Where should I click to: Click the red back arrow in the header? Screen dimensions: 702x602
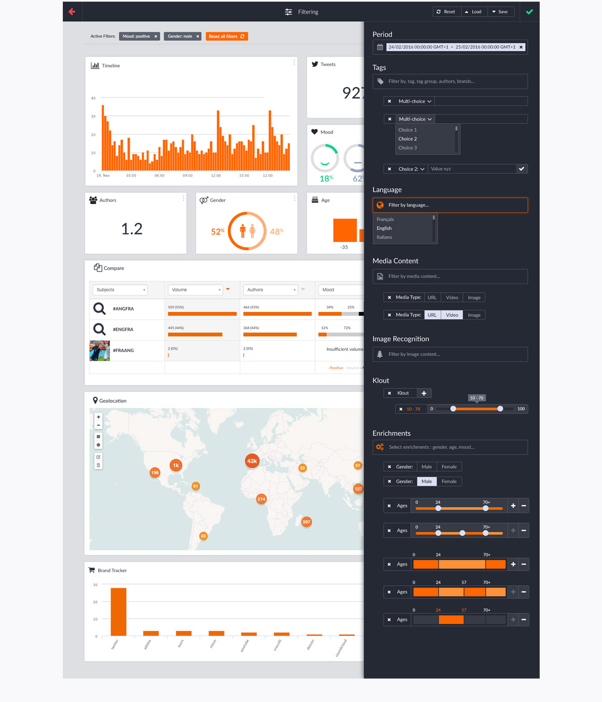(72, 11)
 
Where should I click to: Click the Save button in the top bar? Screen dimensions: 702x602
(500, 11)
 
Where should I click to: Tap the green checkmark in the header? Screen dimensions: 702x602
(529, 11)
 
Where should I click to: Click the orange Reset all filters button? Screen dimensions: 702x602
(226, 36)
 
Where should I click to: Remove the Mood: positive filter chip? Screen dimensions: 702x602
(156, 36)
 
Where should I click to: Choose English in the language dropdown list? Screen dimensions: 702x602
(385, 228)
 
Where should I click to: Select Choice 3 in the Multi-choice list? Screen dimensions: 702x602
(408, 148)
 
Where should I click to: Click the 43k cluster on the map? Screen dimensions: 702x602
(252, 461)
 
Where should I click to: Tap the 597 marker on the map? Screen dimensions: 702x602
(307, 522)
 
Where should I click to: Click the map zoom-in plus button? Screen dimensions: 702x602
(98, 417)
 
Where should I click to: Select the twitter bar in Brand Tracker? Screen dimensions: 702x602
(118, 612)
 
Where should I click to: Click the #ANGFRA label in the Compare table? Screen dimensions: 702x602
(124, 309)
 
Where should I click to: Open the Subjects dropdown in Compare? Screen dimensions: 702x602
(120, 290)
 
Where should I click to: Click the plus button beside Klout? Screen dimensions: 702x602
(424, 394)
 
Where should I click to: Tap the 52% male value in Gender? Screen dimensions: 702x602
(217, 232)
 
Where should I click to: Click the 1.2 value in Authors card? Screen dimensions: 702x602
(132, 229)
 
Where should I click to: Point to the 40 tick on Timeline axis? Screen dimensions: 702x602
(93, 98)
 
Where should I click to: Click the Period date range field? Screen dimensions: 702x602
(451, 47)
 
